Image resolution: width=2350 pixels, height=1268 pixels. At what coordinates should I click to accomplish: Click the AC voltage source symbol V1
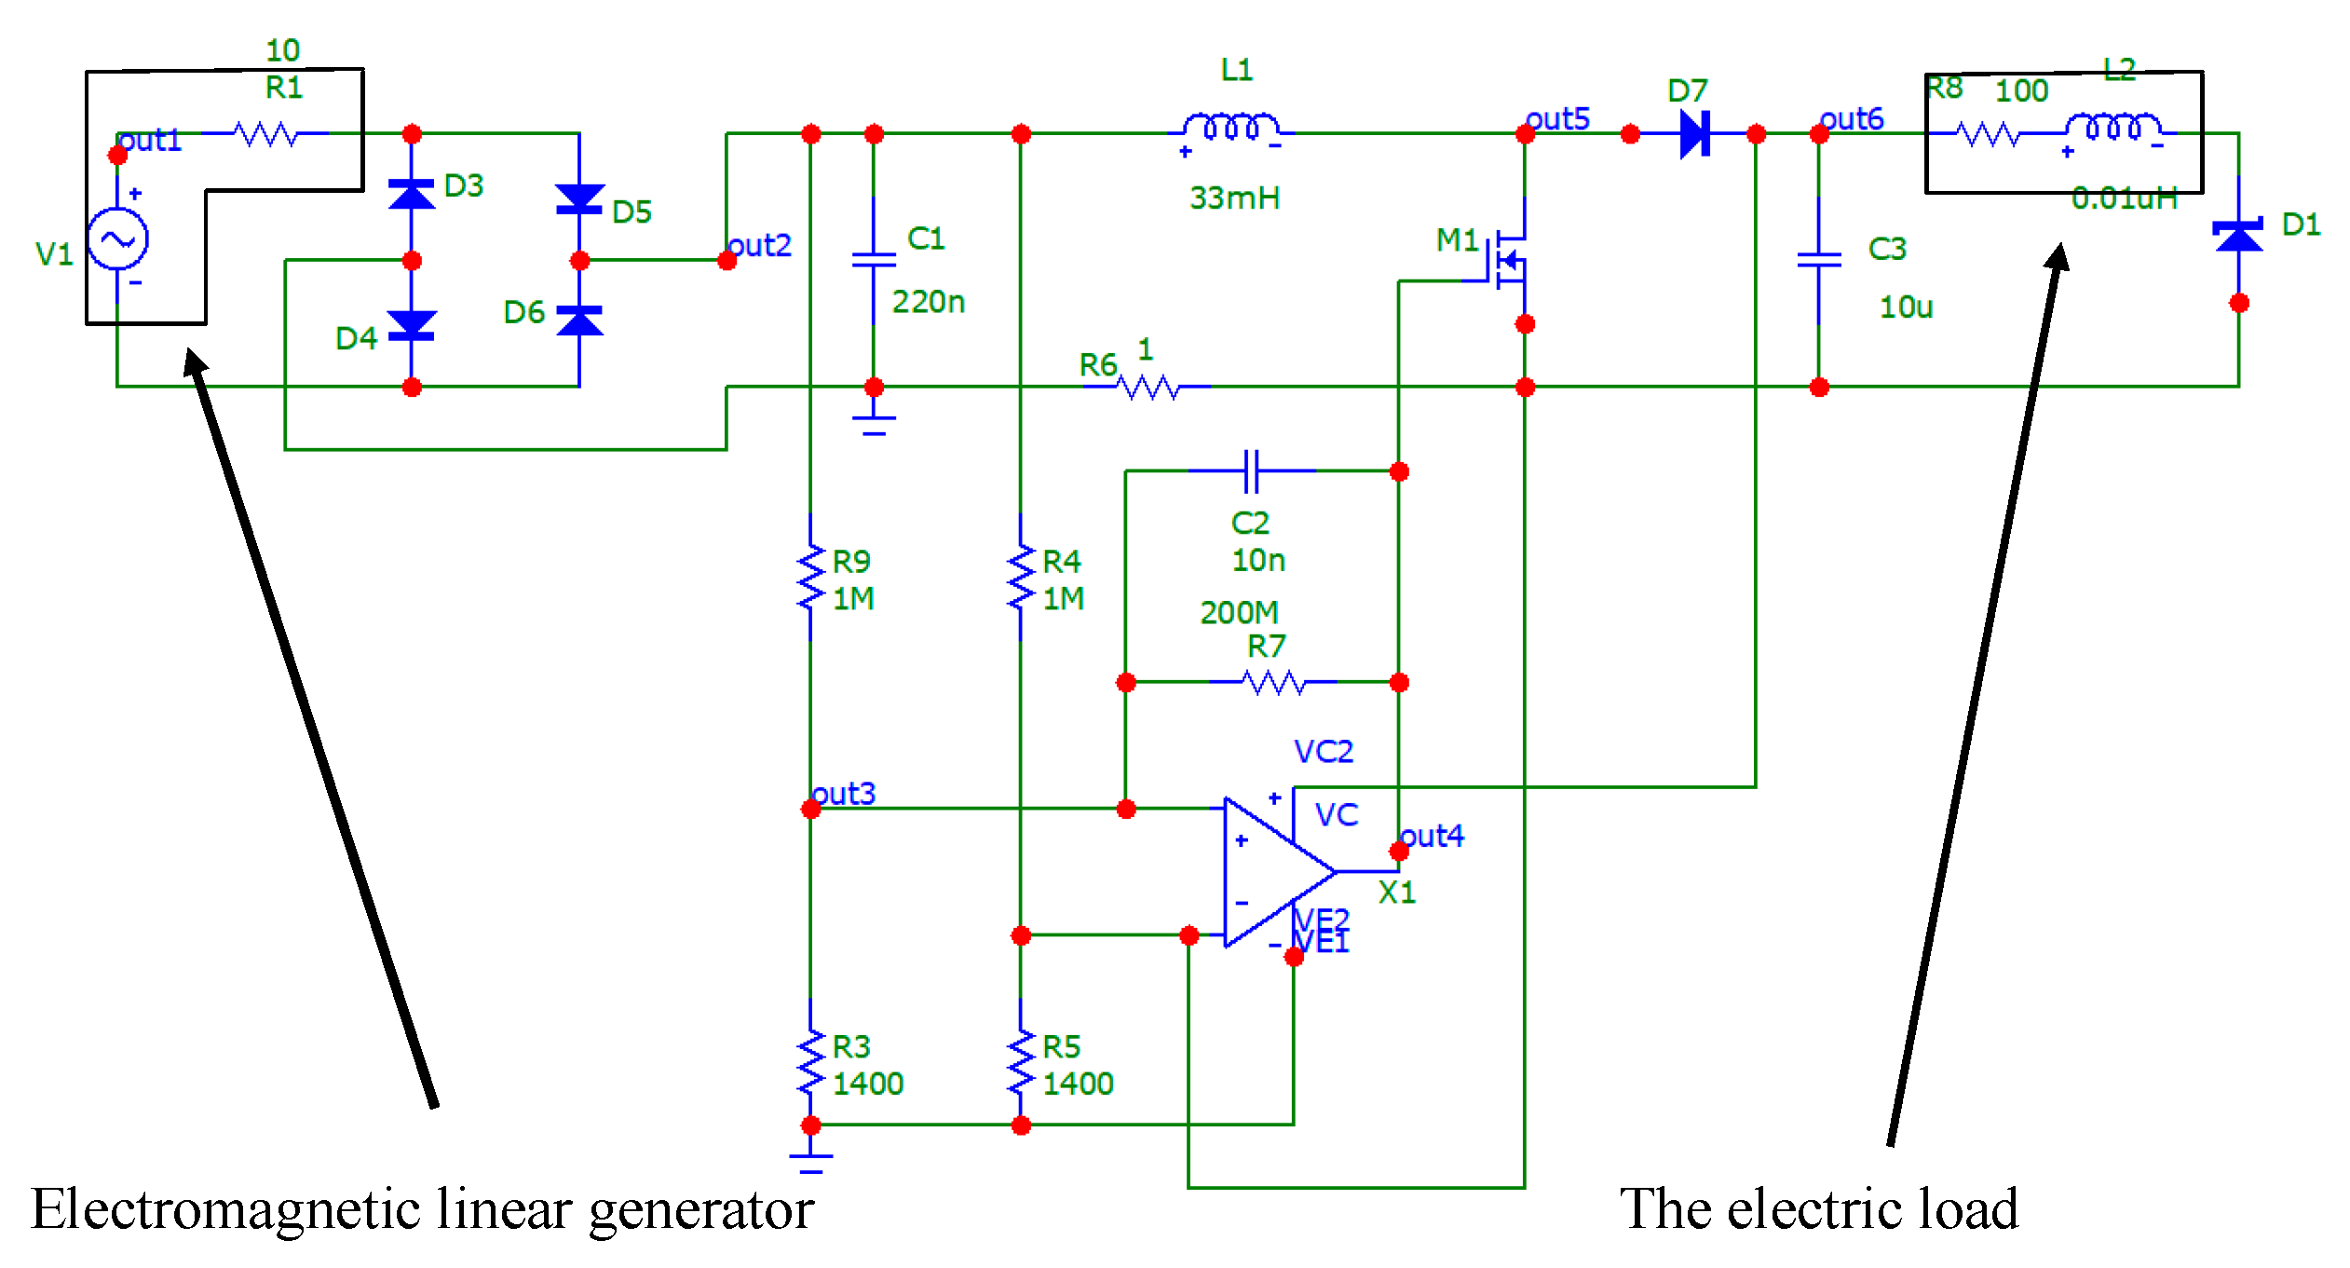point(117,239)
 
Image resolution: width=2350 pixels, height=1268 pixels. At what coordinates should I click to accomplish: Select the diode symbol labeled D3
point(412,195)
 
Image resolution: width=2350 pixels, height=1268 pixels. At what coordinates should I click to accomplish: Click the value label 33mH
point(1234,198)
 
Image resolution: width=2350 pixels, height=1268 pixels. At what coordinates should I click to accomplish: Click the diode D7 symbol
point(1694,134)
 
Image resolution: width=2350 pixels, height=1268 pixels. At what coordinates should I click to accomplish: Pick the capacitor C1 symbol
point(874,259)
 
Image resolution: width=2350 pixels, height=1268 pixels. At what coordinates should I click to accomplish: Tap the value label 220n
point(928,302)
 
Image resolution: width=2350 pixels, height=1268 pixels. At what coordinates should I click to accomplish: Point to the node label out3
point(844,793)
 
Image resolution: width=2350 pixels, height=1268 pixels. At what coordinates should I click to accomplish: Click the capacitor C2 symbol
point(1252,470)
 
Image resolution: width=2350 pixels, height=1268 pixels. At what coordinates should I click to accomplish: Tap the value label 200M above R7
point(1239,612)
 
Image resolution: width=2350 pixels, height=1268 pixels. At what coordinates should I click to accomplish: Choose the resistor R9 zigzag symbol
point(811,578)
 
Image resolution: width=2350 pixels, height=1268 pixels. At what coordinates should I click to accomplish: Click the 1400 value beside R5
point(1078,1084)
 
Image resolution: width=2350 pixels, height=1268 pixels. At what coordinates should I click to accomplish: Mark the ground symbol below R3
point(811,1160)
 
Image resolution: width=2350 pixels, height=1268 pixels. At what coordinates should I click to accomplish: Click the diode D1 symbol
point(2238,236)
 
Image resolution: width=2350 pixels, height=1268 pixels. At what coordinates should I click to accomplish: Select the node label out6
point(1852,118)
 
